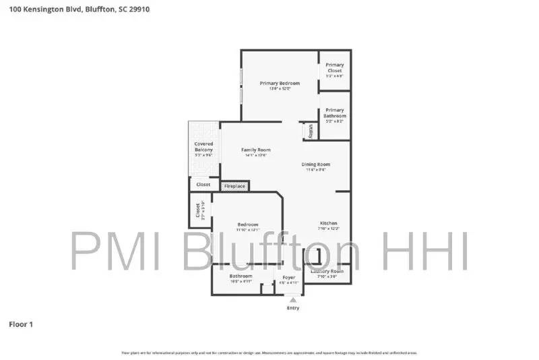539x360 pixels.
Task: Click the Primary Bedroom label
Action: pyautogui.click(x=280, y=84)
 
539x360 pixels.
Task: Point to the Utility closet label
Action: pyautogui.click(x=311, y=131)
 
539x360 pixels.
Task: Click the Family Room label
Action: pyautogui.click(x=255, y=150)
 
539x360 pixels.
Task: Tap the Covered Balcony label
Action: pyautogui.click(x=203, y=147)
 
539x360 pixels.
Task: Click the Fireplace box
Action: pyautogui.click(x=234, y=185)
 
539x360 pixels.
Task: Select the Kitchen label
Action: pyautogui.click(x=328, y=223)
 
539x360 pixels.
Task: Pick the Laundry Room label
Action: pyautogui.click(x=327, y=271)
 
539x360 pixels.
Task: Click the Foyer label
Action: pyautogui.click(x=288, y=277)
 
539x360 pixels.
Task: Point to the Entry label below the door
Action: pyautogui.click(x=292, y=308)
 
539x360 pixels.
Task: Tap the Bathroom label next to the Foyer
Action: pyautogui.click(x=241, y=276)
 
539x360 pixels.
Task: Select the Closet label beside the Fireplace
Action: pyautogui.click(x=203, y=184)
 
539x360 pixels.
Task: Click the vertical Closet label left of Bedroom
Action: pyautogui.click(x=198, y=210)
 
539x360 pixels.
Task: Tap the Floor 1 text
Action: pyautogui.click(x=20, y=324)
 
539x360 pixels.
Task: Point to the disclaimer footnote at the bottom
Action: pyautogui.click(x=269, y=353)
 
